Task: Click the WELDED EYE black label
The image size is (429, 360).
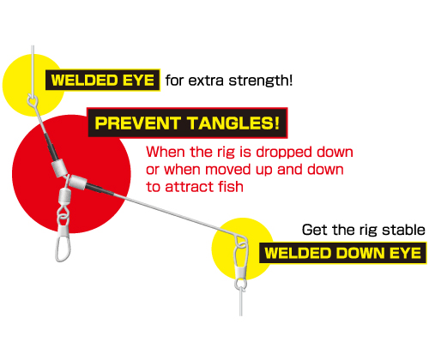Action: [x=103, y=80]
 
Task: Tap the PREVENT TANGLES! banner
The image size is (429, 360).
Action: [x=187, y=123]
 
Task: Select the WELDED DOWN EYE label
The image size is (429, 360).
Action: [x=342, y=253]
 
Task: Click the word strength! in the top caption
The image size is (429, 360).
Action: [x=261, y=81]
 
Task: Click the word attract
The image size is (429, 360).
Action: [x=190, y=187]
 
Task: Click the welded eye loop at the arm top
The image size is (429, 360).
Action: [x=33, y=101]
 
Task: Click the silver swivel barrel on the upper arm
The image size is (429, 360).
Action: [x=59, y=168]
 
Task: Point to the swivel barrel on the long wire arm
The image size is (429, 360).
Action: [x=78, y=182]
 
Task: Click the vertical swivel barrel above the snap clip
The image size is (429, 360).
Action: [x=64, y=196]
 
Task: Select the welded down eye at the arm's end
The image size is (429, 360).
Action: [x=242, y=243]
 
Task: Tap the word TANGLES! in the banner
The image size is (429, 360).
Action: [x=233, y=123]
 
